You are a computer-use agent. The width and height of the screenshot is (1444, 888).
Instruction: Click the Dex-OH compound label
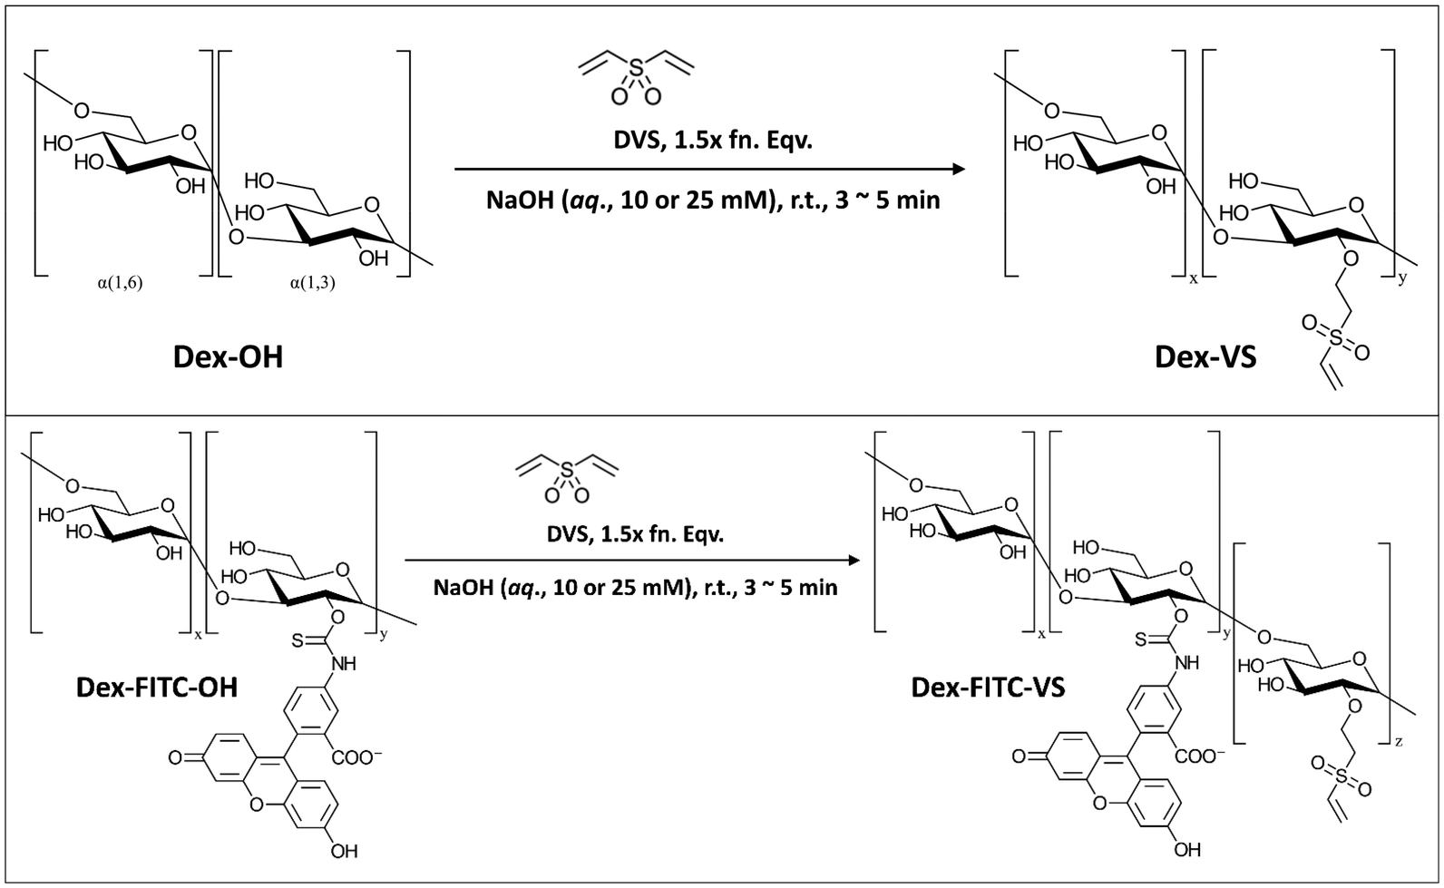228,357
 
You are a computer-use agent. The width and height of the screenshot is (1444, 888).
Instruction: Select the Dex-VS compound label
1205,357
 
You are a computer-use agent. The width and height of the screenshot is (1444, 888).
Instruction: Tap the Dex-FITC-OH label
157,687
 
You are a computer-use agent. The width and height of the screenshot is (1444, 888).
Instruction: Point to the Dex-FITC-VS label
988,687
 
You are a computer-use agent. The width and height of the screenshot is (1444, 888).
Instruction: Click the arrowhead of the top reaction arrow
957,169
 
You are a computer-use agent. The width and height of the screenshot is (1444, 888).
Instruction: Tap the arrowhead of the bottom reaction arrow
855,561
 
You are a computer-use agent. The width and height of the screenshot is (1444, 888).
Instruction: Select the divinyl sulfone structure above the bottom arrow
568,476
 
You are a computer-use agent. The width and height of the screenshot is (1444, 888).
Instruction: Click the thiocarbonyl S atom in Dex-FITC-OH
298,641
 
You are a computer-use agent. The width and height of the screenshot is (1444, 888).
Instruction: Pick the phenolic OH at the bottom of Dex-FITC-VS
1187,850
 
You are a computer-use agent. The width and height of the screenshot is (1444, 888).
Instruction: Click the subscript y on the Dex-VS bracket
1402,278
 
